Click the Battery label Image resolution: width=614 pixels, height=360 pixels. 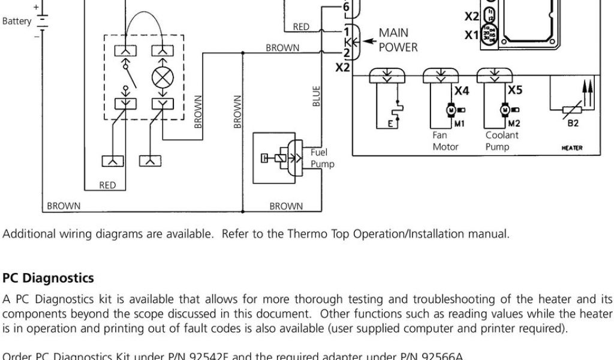[x=16, y=22]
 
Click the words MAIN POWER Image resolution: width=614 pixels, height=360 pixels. [x=398, y=40]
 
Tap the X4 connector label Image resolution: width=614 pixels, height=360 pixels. [x=462, y=91]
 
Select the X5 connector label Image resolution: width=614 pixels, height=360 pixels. [x=515, y=91]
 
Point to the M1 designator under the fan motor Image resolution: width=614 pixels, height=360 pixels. [x=460, y=124]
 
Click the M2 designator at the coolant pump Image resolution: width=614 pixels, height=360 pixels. [x=513, y=124]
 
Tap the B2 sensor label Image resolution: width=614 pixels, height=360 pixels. [x=573, y=124]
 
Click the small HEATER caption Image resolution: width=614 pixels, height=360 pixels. [x=572, y=148]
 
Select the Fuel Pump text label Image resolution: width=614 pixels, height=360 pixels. [x=322, y=158]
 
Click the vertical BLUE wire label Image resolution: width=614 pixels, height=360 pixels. [x=317, y=97]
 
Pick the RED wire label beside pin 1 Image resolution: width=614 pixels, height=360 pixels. [x=301, y=27]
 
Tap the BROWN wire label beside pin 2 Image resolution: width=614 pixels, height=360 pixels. [x=282, y=48]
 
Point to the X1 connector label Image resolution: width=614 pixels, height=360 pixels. [x=472, y=35]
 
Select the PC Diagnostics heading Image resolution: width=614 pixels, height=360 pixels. [x=49, y=278]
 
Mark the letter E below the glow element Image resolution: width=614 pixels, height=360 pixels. [x=390, y=124]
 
